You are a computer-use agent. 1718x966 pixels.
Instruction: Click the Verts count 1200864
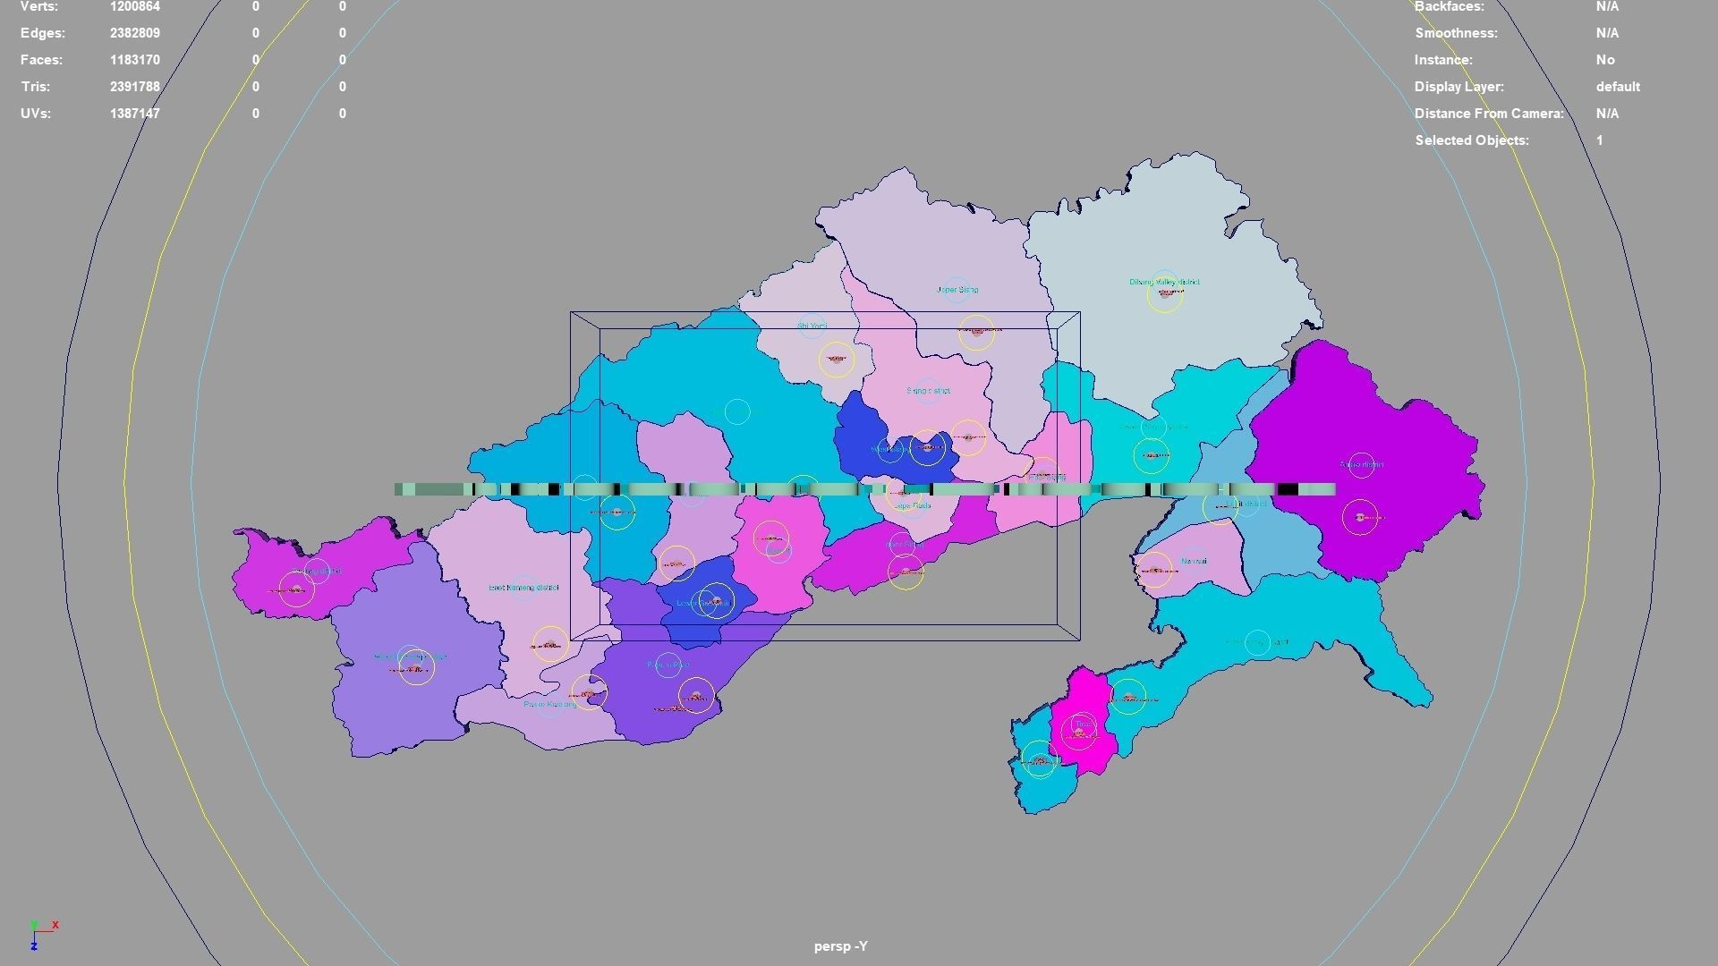tap(134, 7)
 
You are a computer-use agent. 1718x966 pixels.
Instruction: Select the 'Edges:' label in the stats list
tap(43, 33)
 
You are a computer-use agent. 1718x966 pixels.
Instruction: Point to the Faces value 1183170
tap(134, 60)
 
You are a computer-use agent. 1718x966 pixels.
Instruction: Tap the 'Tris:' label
tap(36, 87)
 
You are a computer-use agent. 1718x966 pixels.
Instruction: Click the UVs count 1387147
tap(134, 114)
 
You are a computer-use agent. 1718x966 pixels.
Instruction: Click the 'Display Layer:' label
tap(1459, 87)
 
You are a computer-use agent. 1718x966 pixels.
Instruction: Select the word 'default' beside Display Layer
tap(1617, 87)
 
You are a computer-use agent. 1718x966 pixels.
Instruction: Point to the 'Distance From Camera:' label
tap(1488, 114)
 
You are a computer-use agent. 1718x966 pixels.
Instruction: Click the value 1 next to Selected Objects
tap(1599, 140)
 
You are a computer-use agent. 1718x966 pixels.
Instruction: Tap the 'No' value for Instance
tap(1604, 60)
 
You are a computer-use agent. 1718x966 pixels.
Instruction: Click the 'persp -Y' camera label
tap(840, 945)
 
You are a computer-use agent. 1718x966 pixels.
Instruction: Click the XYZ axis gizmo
tap(41, 933)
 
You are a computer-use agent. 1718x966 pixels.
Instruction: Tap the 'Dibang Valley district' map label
tap(1163, 282)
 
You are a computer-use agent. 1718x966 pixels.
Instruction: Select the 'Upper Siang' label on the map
tap(957, 290)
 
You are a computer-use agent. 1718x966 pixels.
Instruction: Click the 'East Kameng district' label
tap(523, 588)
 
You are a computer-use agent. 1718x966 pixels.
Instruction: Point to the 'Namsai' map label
tap(1194, 562)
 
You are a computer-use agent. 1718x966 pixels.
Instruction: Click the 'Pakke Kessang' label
tap(550, 705)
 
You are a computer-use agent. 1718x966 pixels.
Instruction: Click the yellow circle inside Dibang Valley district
tap(1165, 294)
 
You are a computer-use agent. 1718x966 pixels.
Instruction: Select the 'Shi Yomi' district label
tap(812, 326)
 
